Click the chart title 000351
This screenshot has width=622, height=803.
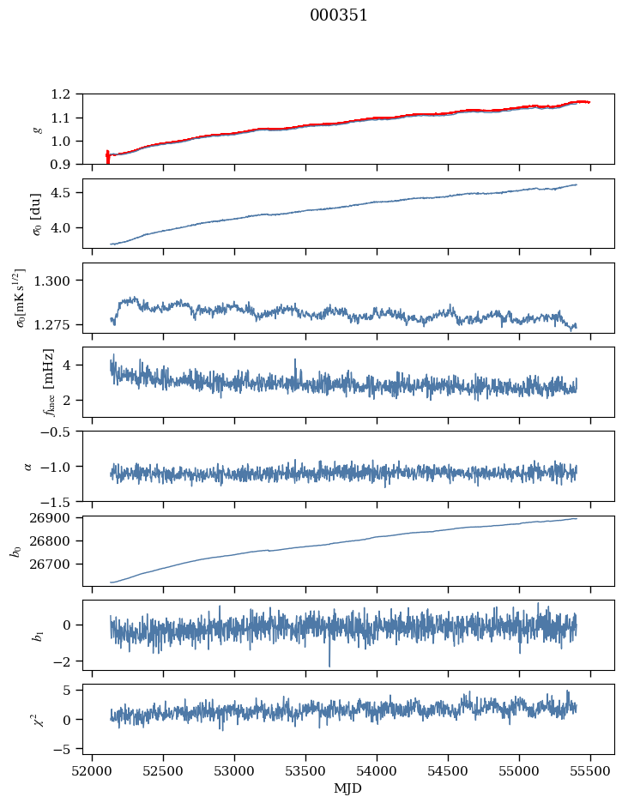click(x=339, y=15)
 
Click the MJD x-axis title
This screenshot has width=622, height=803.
click(x=348, y=788)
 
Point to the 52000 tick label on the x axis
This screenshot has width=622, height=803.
click(x=93, y=770)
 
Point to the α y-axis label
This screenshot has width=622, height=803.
click(x=27, y=466)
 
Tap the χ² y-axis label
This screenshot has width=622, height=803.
click(x=34, y=719)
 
